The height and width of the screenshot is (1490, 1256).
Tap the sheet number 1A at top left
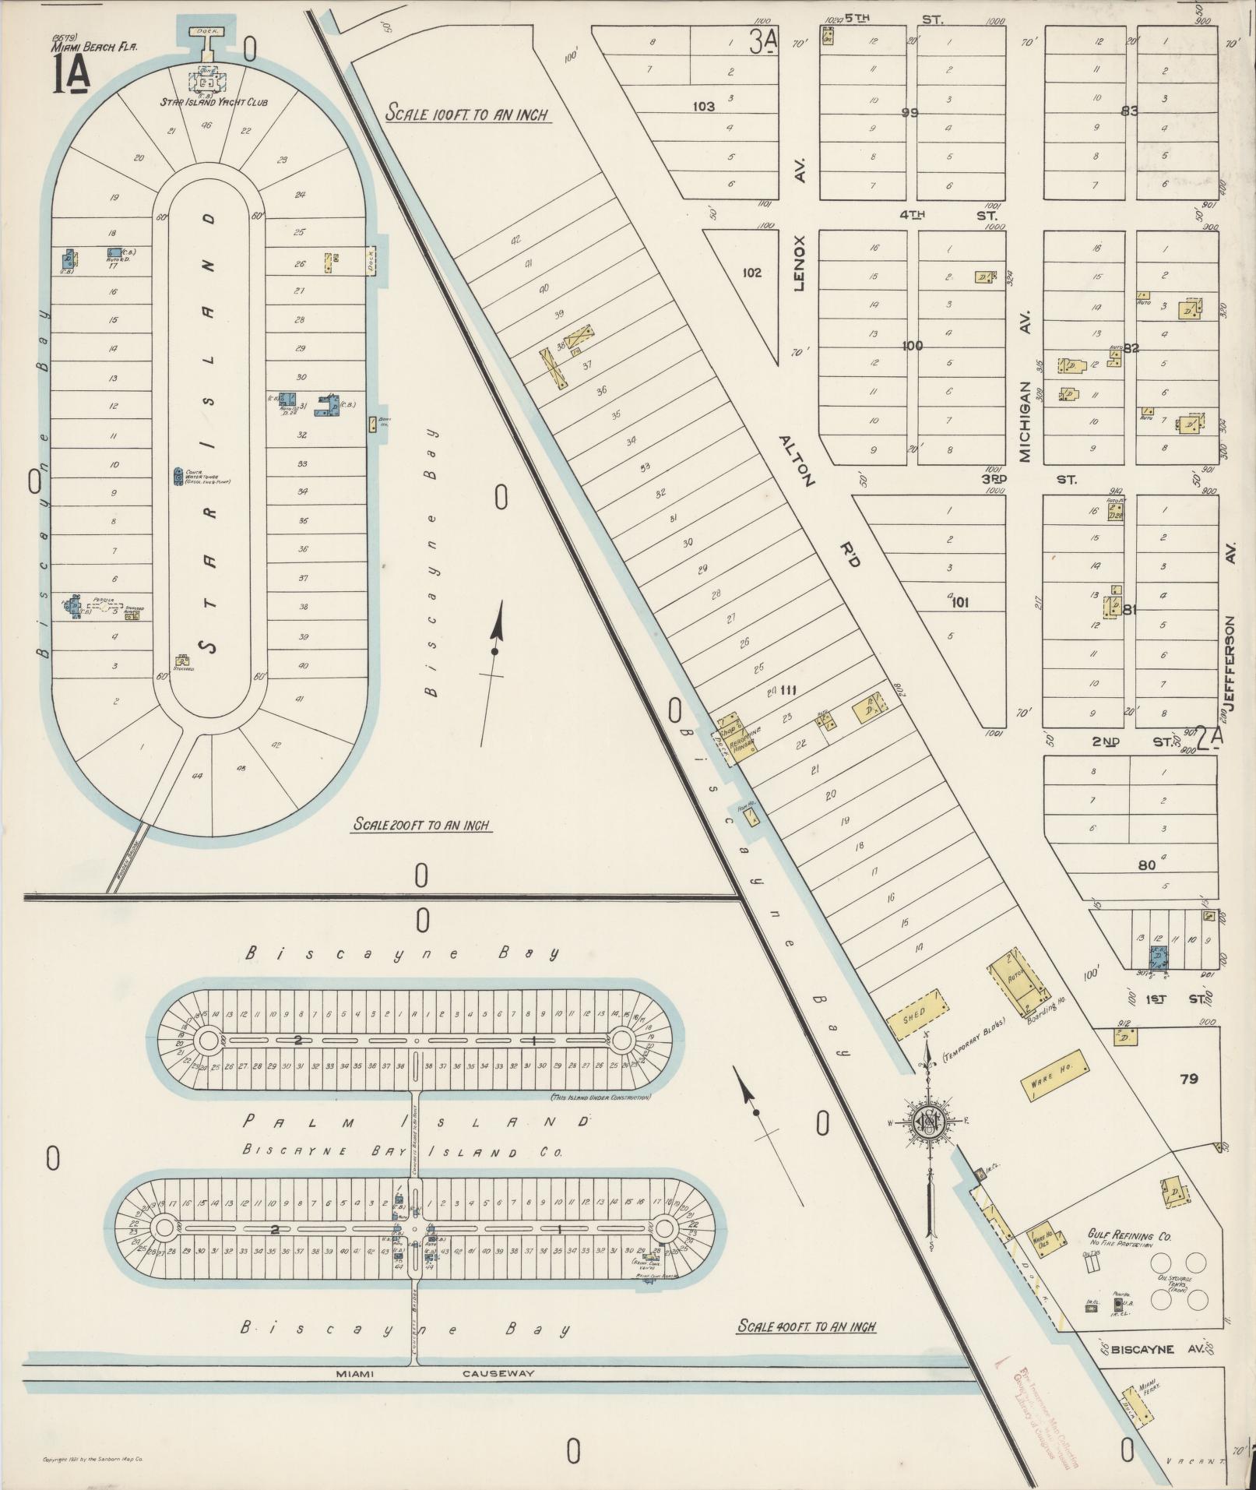click(71, 76)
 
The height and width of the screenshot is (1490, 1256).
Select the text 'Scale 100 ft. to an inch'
click(466, 114)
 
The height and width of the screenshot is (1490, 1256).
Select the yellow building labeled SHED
click(916, 1016)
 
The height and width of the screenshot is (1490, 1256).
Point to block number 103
click(703, 106)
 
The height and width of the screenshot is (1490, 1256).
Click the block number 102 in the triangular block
click(751, 273)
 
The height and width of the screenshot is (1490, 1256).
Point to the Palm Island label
click(417, 1122)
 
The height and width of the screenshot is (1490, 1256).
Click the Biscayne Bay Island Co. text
click(402, 1152)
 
